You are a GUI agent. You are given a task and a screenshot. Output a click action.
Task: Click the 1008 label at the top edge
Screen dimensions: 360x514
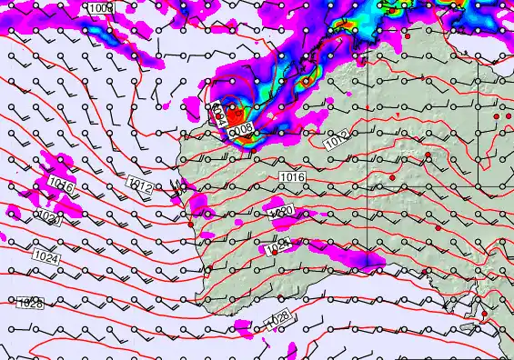pos(101,8)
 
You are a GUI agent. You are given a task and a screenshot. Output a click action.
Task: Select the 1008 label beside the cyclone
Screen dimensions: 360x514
pos(241,132)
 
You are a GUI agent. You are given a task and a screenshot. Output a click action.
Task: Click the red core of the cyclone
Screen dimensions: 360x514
pos(237,115)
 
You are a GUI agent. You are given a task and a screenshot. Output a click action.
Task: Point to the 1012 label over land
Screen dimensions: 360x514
pos(337,142)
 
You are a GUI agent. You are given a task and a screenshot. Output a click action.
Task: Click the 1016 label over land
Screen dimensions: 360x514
pos(292,176)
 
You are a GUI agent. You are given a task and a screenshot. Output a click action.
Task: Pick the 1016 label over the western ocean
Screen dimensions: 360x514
pos(60,185)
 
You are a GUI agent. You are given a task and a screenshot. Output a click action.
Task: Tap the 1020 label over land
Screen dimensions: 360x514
pos(280,212)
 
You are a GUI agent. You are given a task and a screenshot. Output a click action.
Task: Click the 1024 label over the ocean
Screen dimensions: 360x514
pos(46,258)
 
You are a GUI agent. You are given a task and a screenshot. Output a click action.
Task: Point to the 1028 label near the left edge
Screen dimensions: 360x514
pos(30,304)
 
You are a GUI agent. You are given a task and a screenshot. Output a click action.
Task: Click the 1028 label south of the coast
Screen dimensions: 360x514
pos(278,318)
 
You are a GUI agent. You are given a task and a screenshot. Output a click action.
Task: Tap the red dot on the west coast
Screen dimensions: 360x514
pos(191,224)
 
